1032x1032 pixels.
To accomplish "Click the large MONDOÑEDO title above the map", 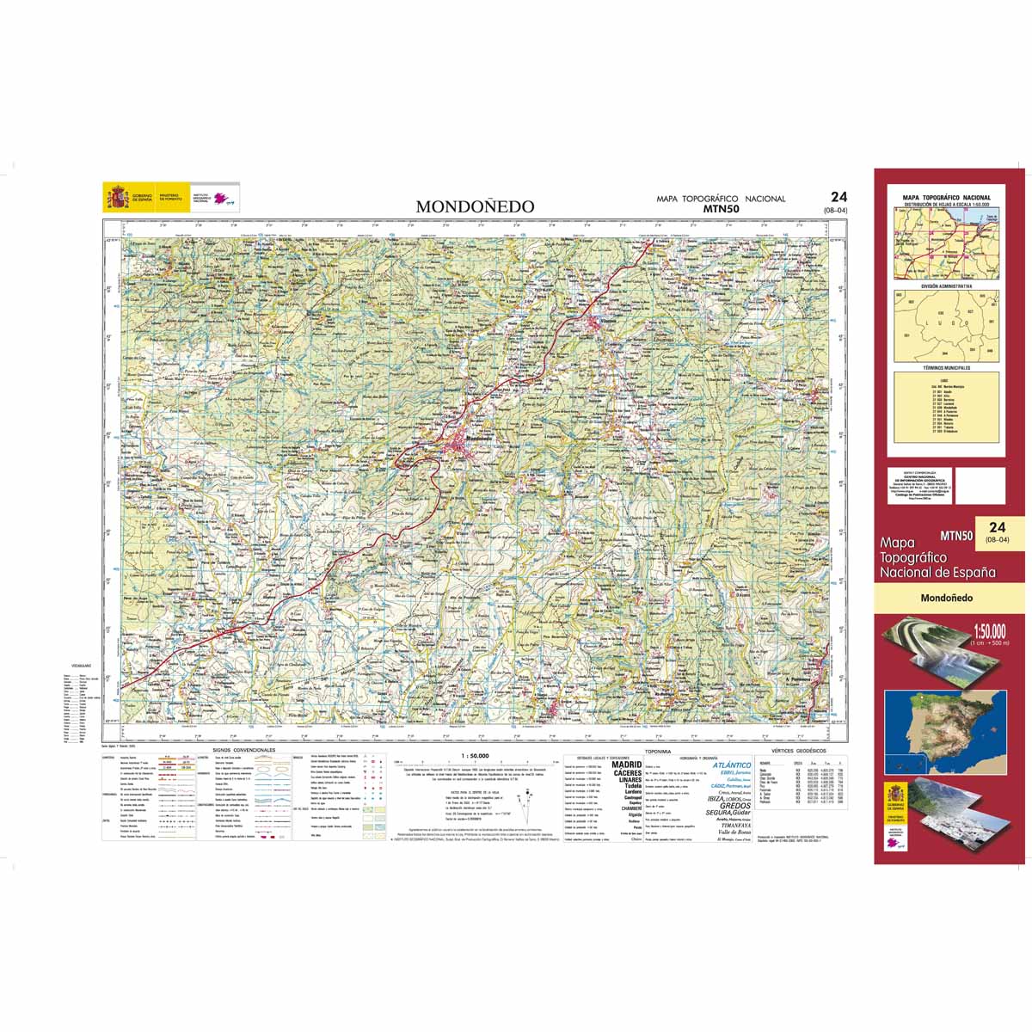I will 475,207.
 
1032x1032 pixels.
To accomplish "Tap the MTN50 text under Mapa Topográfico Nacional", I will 721,208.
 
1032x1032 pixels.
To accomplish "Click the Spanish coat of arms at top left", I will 117,197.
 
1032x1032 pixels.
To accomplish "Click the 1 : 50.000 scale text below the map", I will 476,756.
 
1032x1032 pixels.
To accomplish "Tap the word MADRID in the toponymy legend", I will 627,765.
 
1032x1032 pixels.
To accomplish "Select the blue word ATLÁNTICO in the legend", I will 732,765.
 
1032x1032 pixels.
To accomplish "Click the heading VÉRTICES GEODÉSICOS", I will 799,751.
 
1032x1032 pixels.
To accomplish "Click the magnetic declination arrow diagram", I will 524,795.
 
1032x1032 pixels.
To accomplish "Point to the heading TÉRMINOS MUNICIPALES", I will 946,367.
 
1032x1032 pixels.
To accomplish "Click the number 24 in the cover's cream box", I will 997,527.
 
